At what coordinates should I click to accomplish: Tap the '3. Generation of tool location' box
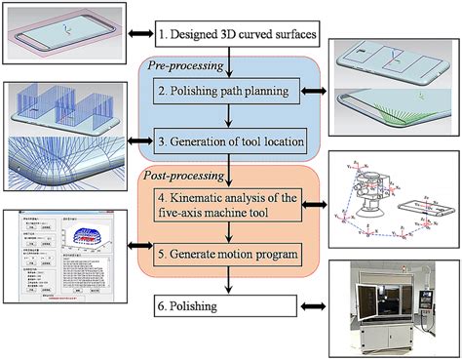(x=226, y=143)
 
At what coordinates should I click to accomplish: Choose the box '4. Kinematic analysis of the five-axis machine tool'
(x=226, y=207)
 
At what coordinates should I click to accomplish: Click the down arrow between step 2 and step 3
(x=226, y=117)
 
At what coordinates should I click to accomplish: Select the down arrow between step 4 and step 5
(x=226, y=233)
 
